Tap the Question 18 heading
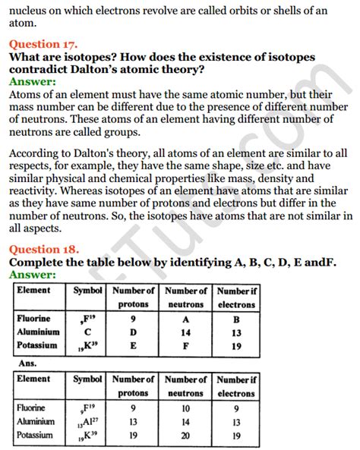(44, 249)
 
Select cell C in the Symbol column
(87, 332)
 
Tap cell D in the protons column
(133, 332)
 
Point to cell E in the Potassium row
(133, 345)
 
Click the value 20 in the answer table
(185, 435)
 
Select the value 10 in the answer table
(185, 408)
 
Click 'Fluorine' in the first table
(35, 319)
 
